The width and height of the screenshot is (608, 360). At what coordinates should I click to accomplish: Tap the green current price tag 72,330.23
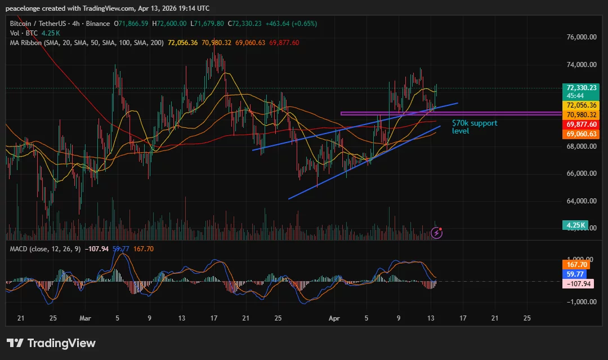pyautogui.click(x=582, y=88)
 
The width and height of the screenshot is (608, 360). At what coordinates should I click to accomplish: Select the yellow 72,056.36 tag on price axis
pyautogui.click(x=582, y=105)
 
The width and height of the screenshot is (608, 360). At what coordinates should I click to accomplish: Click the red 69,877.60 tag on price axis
pyautogui.click(x=582, y=125)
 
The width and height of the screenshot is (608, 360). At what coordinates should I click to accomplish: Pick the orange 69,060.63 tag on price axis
pyautogui.click(x=582, y=134)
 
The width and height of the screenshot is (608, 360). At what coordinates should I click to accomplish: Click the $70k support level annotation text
pyautogui.click(x=475, y=127)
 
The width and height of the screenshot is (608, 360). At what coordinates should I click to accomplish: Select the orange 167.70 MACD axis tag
pyautogui.click(x=577, y=264)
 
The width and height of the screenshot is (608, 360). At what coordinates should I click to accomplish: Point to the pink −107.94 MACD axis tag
pyautogui.click(x=577, y=283)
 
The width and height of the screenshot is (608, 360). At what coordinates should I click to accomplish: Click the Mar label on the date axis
pyautogui.click(x=85, y=318)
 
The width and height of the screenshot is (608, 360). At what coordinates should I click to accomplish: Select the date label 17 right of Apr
pyautogui.click(x=463, y=318)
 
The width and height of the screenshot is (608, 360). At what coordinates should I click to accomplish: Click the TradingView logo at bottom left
pyautogui.click(x=51, y=343)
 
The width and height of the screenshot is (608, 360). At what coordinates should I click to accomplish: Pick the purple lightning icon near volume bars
pyautogui.click(x=436, y=232)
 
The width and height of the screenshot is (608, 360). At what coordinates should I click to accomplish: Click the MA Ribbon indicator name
pyautogui.click(x=29, y=43)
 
